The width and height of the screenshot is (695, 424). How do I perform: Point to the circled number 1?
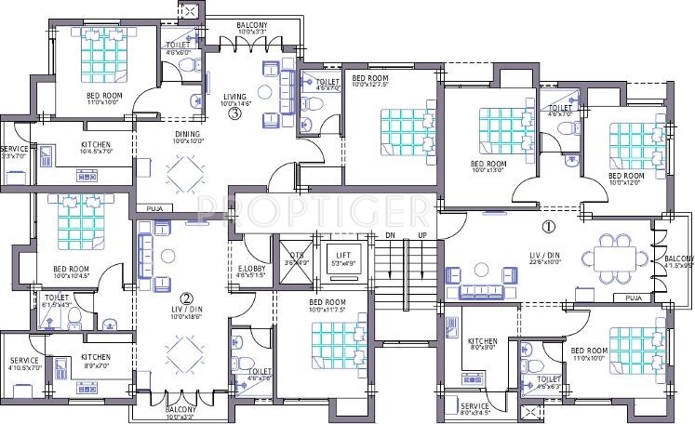point(549,226)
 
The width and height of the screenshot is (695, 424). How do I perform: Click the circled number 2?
point(186,299)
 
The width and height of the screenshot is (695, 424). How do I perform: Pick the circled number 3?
point(235,114)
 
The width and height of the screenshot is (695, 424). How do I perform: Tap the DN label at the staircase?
point(391,235)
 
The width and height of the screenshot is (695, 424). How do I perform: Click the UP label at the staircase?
point(421,235)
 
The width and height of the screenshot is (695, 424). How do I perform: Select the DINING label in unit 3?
point(187,133)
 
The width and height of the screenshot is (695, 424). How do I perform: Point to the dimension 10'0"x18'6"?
point(186,318)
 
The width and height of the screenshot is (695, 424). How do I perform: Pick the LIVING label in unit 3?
point(235,96)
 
